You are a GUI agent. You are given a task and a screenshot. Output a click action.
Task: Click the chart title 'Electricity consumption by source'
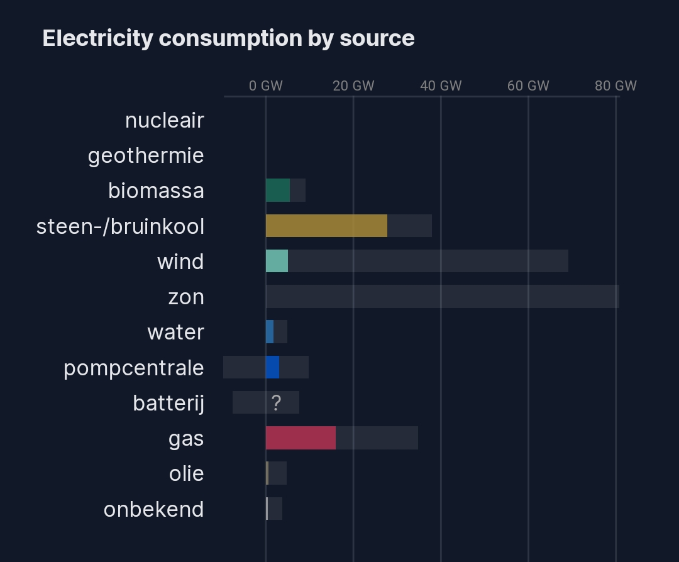(x=228, y=38)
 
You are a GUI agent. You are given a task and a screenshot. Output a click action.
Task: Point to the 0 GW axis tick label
(x=265, y=86)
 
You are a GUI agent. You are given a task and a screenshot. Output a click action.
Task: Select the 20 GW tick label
(x=353, y=86)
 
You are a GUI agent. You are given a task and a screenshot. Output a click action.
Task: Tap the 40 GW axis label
(x=441, y=86)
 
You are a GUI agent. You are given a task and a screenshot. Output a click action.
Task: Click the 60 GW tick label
(x=528, y=86)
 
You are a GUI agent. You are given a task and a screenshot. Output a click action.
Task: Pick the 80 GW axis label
(x=616, y=86)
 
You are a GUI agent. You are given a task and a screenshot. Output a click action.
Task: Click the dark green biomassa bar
(x=278, y=190)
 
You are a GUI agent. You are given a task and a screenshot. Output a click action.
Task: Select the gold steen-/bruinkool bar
(x=326, y=226)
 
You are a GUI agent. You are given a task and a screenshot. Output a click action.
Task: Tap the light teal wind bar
(x=277, y=261)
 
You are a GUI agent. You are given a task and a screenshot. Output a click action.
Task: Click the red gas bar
(x=301, y=438)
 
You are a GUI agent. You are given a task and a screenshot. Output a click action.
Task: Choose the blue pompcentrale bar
(x=272, y=367)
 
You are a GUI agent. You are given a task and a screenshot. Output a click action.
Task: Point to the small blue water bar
(x=270, y=332)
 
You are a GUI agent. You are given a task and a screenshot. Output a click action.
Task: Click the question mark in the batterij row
(x=276, y=403)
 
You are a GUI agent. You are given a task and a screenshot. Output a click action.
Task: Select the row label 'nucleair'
(x=165, y=120)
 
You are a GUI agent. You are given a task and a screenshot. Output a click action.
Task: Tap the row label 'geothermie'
(x=146, y=155)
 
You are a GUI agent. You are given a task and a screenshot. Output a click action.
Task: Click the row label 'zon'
(x=186, y=297)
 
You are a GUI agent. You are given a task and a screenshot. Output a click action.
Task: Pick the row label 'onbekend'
(x=154, y=509)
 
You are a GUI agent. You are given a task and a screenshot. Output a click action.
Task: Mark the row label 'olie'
(x=187, y=473)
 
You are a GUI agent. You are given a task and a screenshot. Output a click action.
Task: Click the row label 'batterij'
(x=168, y=403)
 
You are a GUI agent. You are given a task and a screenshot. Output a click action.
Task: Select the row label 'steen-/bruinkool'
(x=121, y=226)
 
